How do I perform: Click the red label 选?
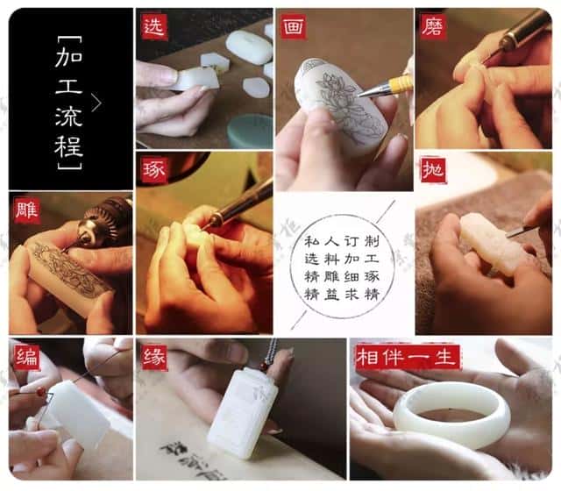click(x=155, y=27)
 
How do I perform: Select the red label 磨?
click(x=432, y=27)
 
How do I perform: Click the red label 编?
click(x=27, y=357)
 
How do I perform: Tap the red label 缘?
click(x=154, y=357)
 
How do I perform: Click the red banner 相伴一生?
click(x=395, y=357)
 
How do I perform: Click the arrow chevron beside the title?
click(x=96, y=103)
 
